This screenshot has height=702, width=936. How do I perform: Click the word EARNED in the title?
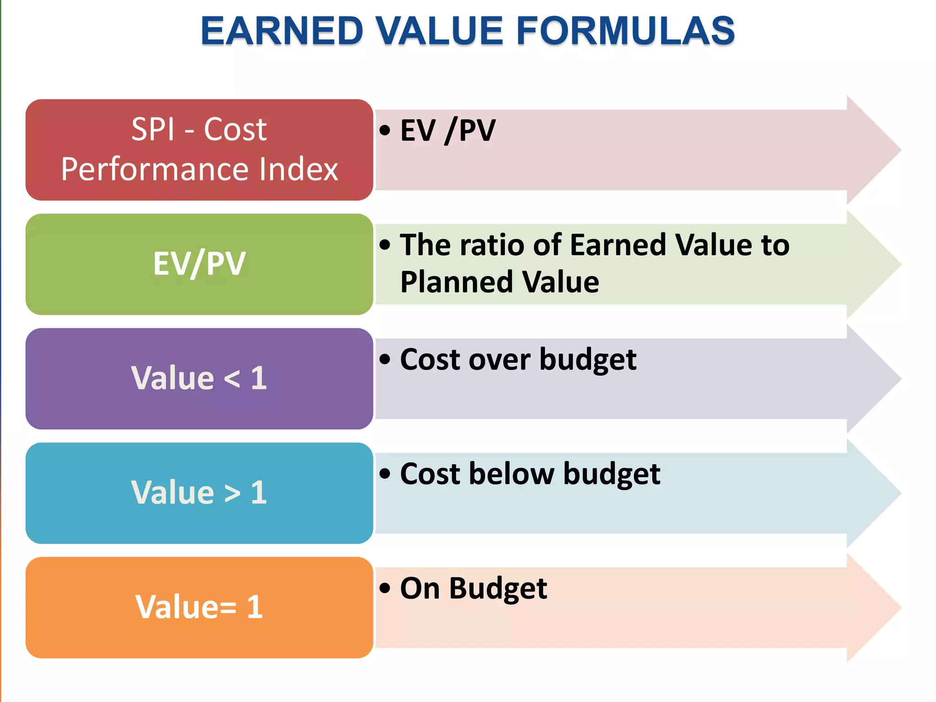[282, 31]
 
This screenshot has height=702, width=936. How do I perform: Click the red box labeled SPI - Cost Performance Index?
[199, 150]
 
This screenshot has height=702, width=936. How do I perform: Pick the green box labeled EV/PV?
[199, 264]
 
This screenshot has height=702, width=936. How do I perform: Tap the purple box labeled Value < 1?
[199, 378]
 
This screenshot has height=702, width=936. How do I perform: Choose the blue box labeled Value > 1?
[199, 493]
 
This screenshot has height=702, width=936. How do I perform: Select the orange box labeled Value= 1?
[199, 607]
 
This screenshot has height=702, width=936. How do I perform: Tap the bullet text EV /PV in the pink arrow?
[447, 131]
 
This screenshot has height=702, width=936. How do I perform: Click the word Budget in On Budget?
[498, 589]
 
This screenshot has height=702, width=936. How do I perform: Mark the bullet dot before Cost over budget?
[385, 359]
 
